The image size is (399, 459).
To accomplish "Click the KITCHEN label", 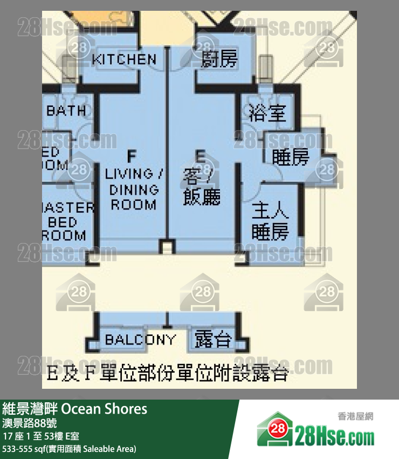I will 124,59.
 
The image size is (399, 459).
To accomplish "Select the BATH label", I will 66,111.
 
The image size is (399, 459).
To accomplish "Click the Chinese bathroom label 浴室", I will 267,113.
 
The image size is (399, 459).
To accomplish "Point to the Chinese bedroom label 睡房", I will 291,157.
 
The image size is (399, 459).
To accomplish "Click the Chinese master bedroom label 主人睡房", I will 270,220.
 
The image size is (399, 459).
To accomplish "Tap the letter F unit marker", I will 132,157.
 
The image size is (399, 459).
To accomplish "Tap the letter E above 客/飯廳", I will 200,157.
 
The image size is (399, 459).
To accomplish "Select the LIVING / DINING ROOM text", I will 133,189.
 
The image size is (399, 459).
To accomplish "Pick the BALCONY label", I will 140,340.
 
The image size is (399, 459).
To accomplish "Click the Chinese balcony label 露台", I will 213,340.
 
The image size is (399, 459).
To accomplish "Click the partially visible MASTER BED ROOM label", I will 67,221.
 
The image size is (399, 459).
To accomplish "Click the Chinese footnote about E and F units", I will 168,373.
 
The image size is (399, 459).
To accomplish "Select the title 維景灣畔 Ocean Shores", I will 75,408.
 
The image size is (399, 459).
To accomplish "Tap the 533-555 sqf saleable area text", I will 70,449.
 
